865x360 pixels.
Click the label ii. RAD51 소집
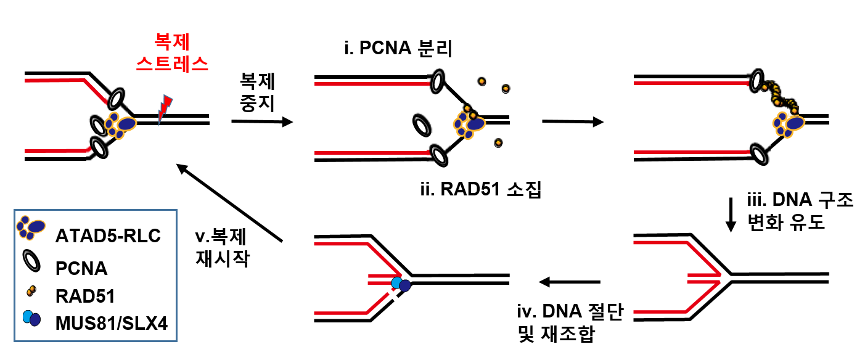(x=480, y=188)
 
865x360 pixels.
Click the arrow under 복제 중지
(x=261, y=122)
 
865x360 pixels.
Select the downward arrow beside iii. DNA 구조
(x=731, y=215)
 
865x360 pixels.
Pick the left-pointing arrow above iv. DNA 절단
(x=569, y=282)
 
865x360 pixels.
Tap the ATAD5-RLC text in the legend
(x=107, y=235)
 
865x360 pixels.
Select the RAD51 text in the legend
(x=85, y=297)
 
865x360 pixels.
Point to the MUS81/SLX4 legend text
(x=112, y=321)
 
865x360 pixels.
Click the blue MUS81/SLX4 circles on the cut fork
(x=401, y=285)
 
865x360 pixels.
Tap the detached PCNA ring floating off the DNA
(x=422, y=126)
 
